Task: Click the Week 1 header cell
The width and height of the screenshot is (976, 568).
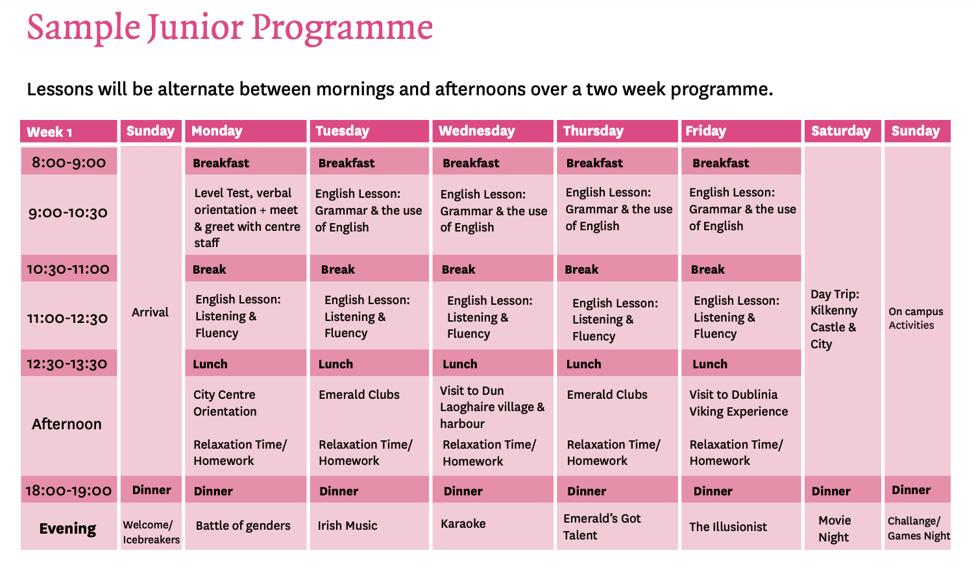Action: (68, 131)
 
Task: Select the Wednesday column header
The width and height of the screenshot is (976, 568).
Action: (493, 131)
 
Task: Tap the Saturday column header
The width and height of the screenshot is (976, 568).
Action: (843, 131)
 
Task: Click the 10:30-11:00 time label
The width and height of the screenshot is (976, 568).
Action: (68, 268)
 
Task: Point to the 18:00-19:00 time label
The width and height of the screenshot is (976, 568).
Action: (68, 491)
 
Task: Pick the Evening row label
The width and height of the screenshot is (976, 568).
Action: (67, 528)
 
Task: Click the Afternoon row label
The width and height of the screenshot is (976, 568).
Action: (67, 424)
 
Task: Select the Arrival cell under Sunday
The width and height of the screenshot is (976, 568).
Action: (150, 312)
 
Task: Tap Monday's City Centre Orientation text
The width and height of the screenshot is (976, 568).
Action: (225, 403)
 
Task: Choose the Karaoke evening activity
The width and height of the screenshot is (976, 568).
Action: (463, 524)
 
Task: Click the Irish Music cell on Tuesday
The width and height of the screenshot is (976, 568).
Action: (347, 525)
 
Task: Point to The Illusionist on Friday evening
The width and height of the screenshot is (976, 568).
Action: (728, 527)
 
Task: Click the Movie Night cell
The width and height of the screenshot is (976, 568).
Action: (835, 528)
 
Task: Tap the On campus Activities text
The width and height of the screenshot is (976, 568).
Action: (916, 318)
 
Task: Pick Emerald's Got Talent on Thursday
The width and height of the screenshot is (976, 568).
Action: (602, 527)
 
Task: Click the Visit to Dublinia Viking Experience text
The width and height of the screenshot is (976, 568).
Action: (738, 403)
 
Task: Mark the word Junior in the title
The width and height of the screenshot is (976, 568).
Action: (195, 28)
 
